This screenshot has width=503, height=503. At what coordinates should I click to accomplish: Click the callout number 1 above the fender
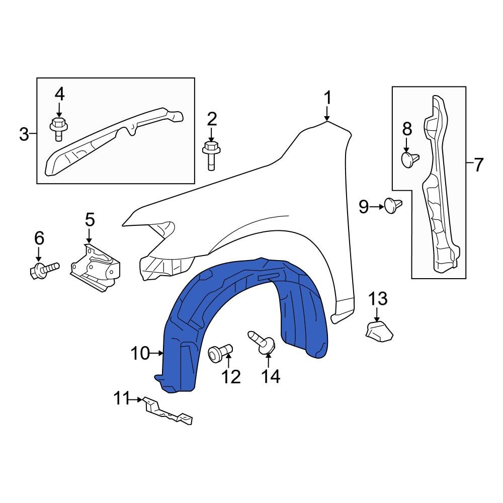tap(327, 98)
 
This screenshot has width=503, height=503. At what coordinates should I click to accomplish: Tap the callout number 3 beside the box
tap(24, 134)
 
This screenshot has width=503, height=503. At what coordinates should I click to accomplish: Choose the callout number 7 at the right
tap(477, 164)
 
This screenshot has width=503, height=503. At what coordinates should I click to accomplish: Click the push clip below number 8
tap(409, 159)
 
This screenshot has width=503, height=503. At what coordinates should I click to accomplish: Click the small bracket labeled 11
tap(167, 410)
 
